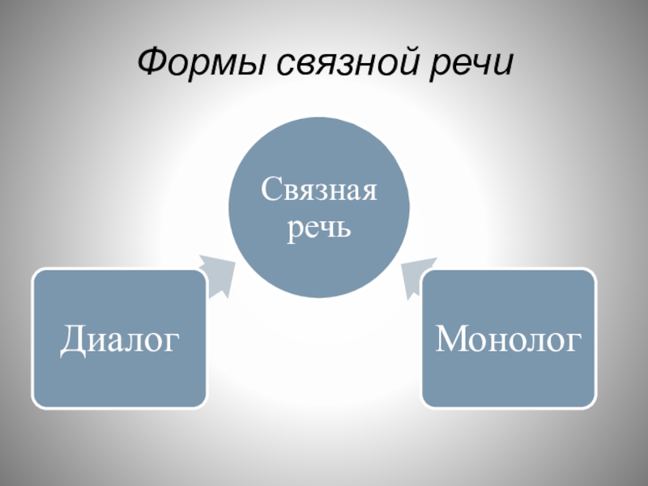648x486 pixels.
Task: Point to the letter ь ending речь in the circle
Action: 343,228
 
